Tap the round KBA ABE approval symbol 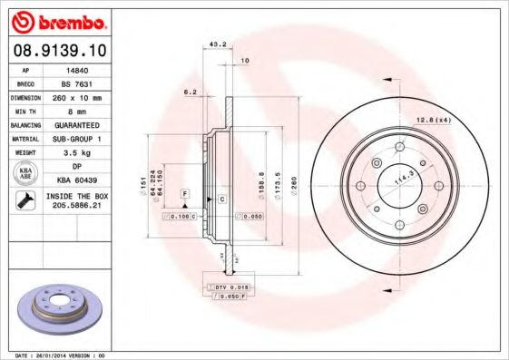(x=26, y=174)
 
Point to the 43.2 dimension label (x=218, y=44)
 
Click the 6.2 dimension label (x=191, y=92)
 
